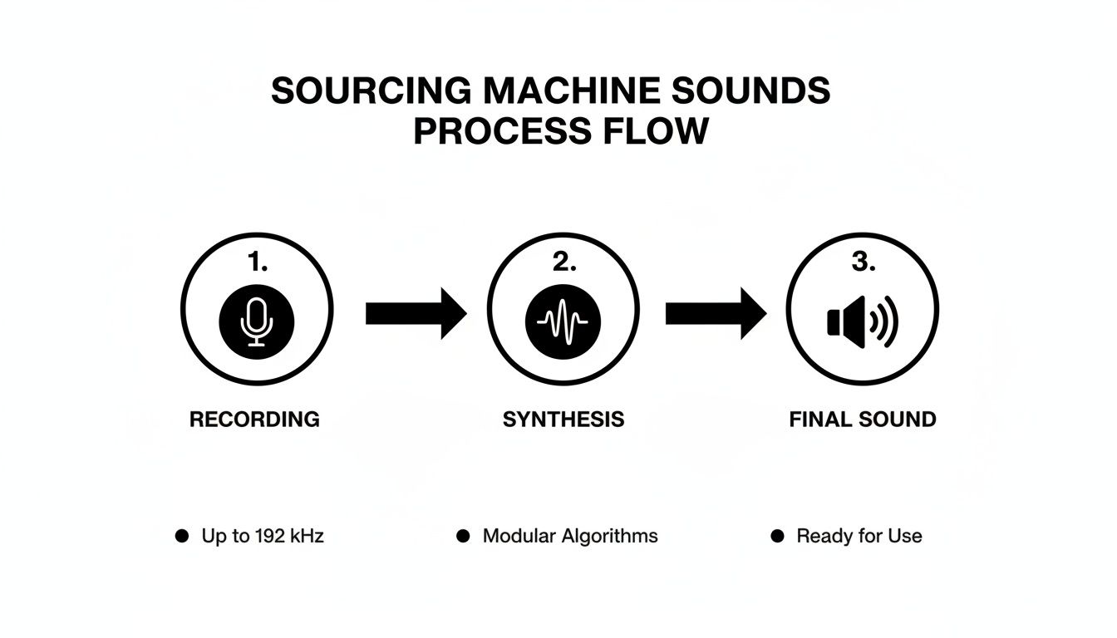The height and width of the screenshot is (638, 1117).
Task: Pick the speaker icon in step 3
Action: coord(862,321)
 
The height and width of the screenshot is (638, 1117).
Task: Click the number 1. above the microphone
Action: coord(258,263)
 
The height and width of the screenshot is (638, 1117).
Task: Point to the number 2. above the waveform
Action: coord(563,263)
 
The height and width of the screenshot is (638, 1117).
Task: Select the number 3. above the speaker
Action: coord(863,263)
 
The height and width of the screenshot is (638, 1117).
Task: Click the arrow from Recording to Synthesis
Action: coord(416,313)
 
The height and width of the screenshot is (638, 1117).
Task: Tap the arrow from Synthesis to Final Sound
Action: coord(715,313)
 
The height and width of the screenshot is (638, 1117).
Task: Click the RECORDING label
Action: coord(254,419)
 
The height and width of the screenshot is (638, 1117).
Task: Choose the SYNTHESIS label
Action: coord(563,419)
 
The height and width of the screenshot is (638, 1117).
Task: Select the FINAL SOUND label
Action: coord(862,419)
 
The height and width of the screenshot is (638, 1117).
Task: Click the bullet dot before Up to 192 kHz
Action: coord(181,537)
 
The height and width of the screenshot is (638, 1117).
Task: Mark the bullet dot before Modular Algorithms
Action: coord(463,537)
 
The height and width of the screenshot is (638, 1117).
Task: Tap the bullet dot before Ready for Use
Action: coord(777,537)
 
